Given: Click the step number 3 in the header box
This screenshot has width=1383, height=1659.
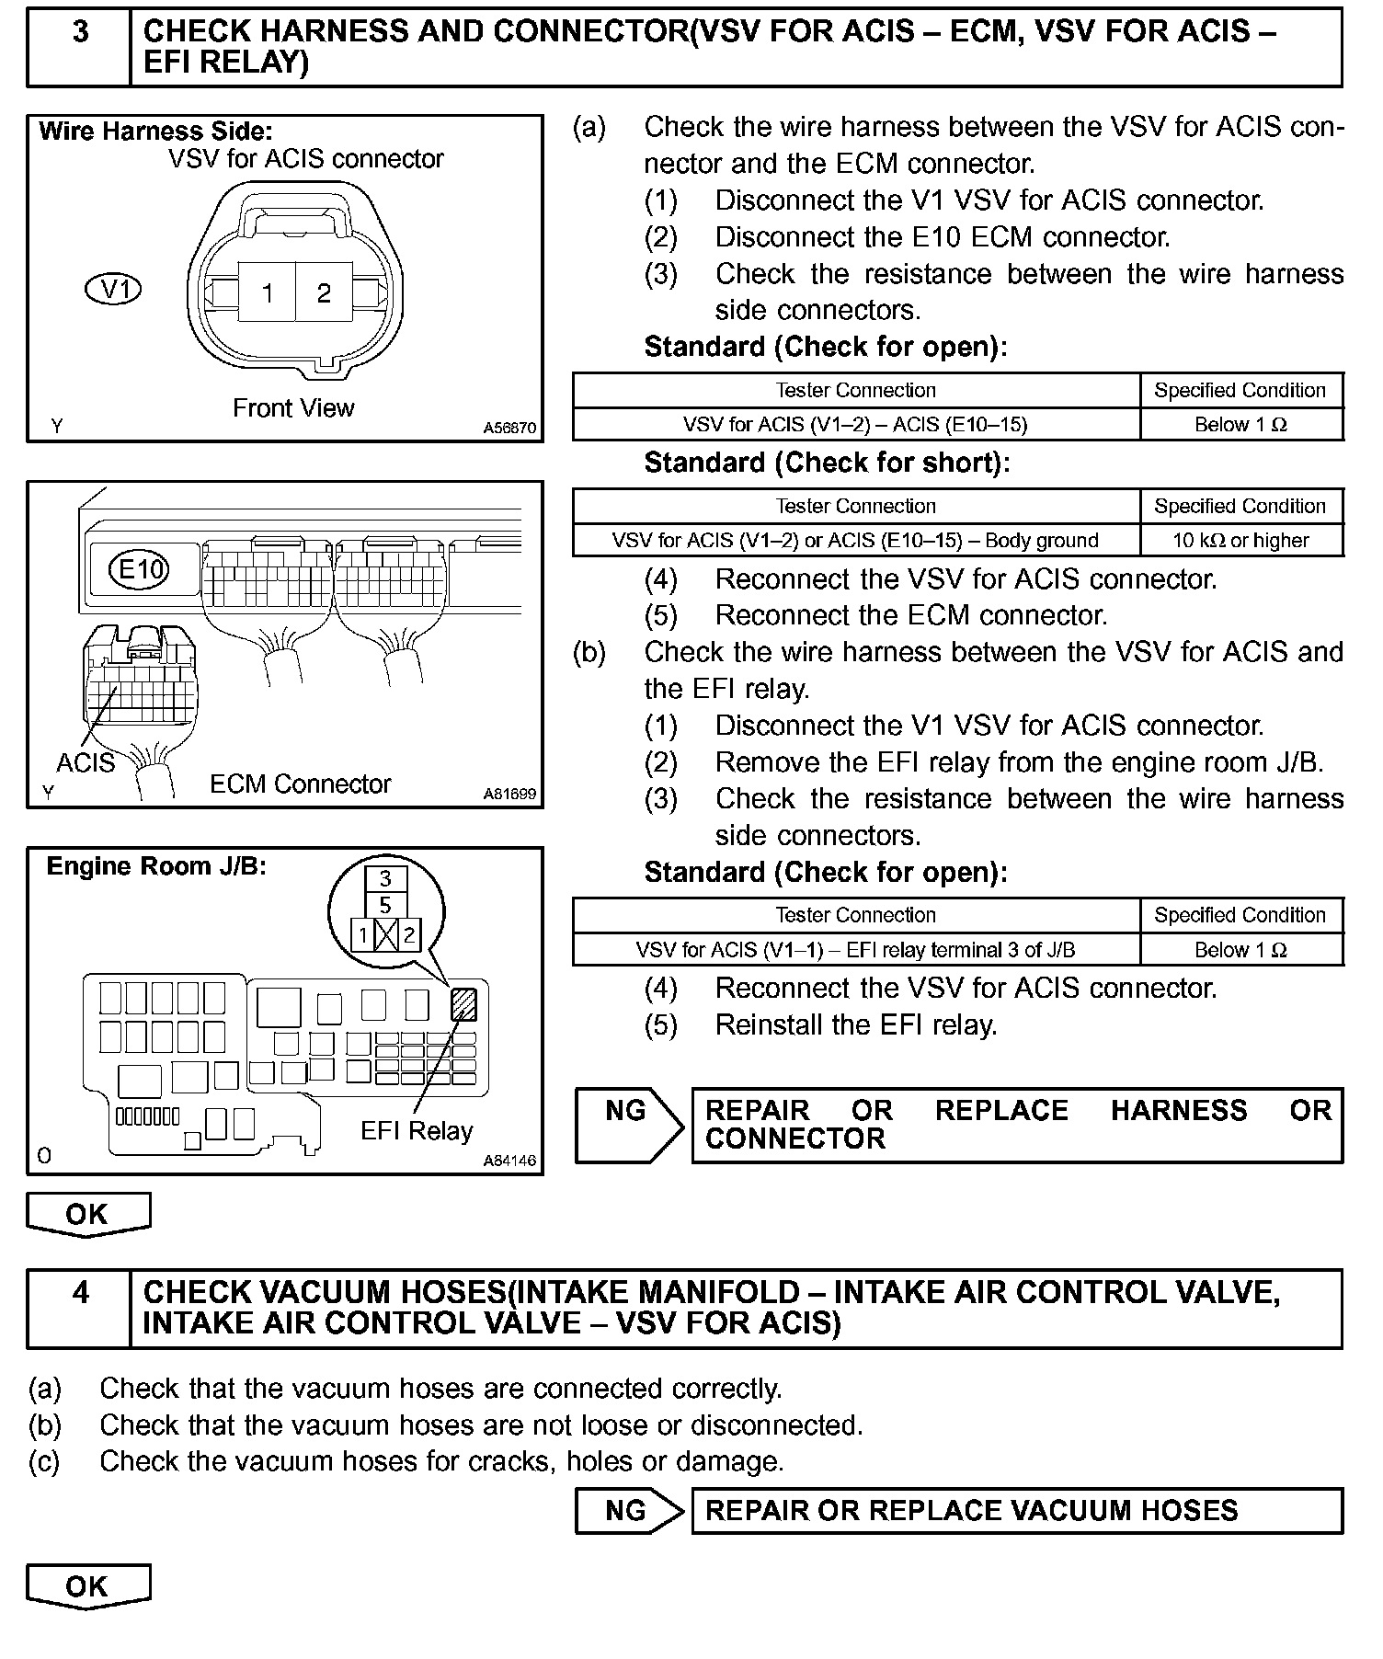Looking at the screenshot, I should (81, 32).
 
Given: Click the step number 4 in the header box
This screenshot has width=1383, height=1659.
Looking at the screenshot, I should (81, 1292).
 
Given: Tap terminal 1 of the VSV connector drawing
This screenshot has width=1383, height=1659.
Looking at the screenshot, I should (267, 293).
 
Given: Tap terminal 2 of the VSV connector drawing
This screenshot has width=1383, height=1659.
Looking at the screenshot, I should (324, 293).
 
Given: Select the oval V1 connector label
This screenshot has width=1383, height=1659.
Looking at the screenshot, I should (113, 290).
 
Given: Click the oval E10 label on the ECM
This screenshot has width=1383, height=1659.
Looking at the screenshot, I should (140, 569).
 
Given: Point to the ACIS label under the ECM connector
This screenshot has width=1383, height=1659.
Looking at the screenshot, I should (86, 763).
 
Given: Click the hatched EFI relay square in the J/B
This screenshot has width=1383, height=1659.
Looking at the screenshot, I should (463, 1004).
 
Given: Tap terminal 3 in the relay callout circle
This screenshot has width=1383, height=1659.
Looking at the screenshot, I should (385, 878).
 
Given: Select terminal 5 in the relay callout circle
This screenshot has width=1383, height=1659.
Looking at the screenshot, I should (385, 905).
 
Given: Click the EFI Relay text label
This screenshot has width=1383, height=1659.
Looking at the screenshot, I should (417, 1130).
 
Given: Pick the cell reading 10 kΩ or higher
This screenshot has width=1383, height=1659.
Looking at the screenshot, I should (1240, 541).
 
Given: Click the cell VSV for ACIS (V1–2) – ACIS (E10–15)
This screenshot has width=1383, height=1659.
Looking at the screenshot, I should (855, 424).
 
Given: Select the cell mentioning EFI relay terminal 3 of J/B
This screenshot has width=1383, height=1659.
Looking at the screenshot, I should (855, 950).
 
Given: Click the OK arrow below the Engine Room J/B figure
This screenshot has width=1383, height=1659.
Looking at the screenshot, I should (87, 1215).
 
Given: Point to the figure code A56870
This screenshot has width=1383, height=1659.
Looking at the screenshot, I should (510, 428).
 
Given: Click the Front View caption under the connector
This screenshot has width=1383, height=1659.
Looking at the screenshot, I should (293, 407).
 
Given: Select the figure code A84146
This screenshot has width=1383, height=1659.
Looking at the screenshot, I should (510, 1161).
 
